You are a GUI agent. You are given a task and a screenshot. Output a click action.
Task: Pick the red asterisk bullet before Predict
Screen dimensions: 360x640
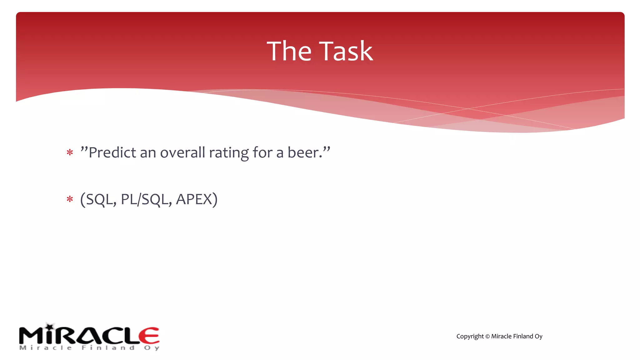[x=70, y=153]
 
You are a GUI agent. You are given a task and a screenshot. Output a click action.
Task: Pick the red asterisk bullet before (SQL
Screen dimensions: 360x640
[x=70, y=199]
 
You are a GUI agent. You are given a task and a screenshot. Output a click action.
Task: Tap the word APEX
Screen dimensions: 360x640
[x=194, y=199]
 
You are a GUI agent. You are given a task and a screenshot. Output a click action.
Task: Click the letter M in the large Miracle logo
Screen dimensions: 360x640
[x=31, y=336]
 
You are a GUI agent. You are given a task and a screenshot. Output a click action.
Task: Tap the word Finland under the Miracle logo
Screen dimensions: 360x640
[x=108, y=348]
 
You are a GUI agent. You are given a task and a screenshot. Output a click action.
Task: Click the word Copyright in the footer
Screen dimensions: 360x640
[x=470, y=337]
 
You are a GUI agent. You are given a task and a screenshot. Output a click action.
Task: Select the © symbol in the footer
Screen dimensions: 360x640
[x=487, y=337]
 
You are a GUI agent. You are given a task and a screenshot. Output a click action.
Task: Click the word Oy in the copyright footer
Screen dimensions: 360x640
[x=538, y=337]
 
